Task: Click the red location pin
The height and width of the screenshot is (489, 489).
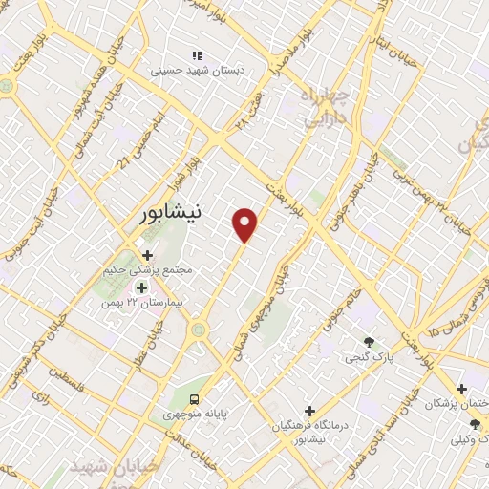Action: (x=246, y=224)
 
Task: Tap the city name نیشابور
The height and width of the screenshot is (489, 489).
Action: (x=165, y=216)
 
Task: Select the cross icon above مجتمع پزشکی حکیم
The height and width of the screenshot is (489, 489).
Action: (x=147, y=255)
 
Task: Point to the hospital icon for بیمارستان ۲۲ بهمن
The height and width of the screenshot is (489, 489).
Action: (x=141, y=287)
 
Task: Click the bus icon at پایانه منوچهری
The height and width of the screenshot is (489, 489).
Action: (x=195, y=398)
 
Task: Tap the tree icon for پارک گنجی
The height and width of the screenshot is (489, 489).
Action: (x=369, y=342)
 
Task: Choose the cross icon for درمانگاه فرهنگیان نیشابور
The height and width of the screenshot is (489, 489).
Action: (x=308, y=411)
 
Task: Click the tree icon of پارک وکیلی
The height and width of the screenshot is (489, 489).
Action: (x=475, y=423)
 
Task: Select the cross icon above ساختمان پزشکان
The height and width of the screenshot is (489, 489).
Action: (x=462, y=389)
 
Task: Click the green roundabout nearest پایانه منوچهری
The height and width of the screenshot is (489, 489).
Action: (x=198, y=330)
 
